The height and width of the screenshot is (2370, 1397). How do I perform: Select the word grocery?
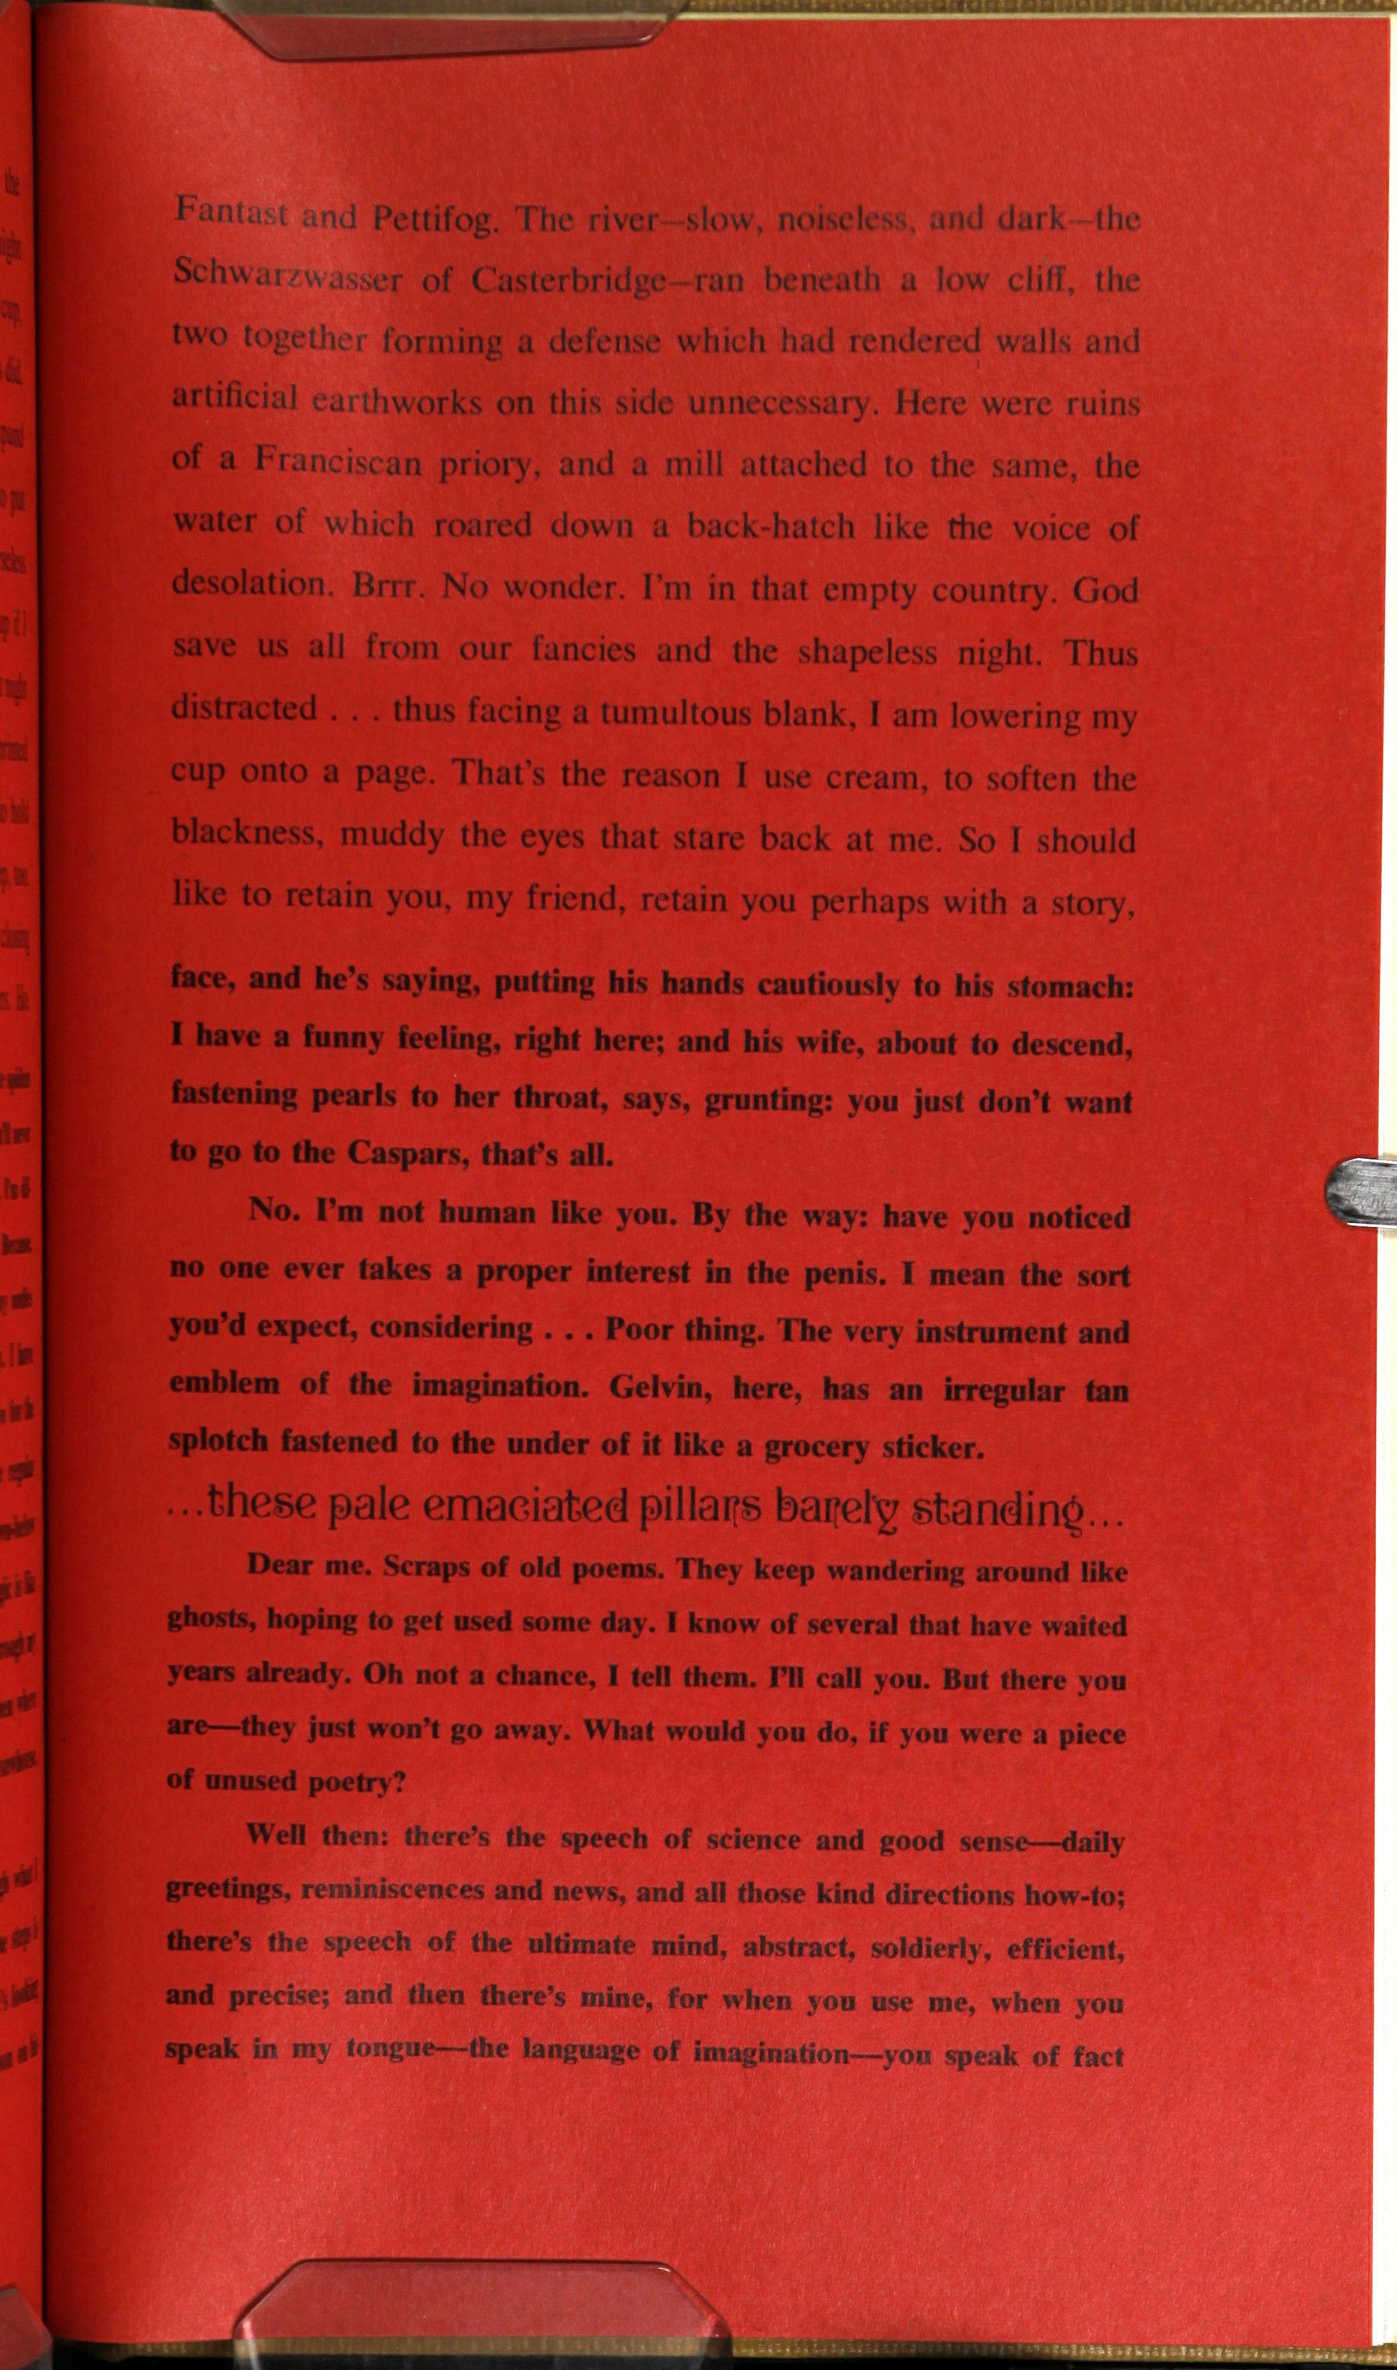(x=815, y=1447)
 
